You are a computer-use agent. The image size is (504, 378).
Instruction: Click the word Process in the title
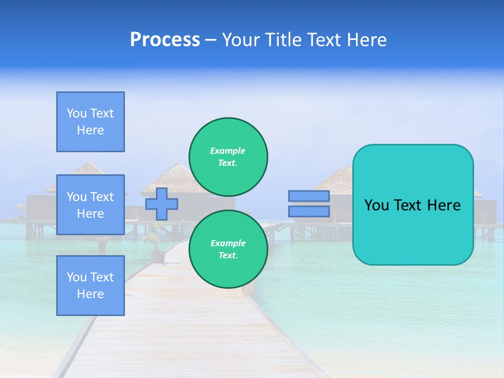[x=165, y=40]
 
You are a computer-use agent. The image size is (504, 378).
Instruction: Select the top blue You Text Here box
[x=90, y=122]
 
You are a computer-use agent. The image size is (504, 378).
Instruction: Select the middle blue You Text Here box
[x=90, y=205]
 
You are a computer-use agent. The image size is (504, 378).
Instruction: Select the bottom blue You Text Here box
[x=90, y=286]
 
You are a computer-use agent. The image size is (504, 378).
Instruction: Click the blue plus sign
[x=162, y=204]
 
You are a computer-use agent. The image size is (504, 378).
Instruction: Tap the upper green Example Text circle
[x=228, y=157]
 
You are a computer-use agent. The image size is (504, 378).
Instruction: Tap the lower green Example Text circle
[x=228, y=249]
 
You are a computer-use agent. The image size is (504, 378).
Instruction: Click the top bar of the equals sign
[x=309, y=196]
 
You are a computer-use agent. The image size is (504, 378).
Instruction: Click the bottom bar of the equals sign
[x=309, y=212]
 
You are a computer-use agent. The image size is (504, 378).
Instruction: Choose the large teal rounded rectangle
[x=413, y=231]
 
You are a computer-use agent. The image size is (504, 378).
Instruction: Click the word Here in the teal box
[x=443, y=205]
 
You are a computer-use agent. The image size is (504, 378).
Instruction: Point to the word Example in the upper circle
[x=228, y=151]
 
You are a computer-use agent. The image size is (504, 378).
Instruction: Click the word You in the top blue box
[x=77, y=113]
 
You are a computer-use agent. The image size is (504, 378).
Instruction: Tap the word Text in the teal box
[x=406, y=205]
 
